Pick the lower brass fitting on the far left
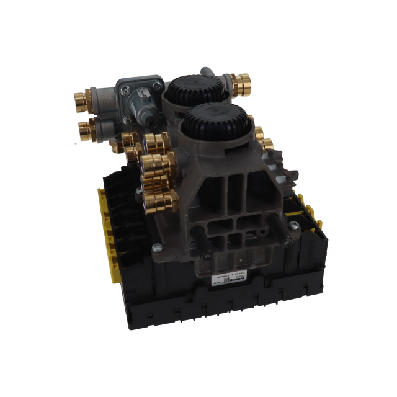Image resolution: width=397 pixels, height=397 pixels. coord(85,130)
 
